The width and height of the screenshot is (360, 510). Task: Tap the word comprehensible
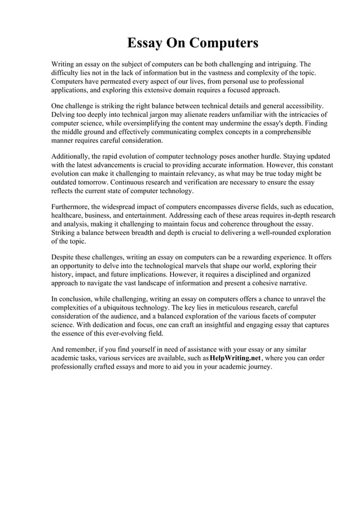tap(286, 132)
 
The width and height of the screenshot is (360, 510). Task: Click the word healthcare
tap(69, 215)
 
